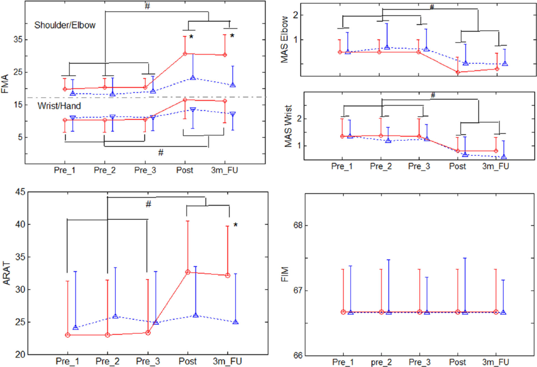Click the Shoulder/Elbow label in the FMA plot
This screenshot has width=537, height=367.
click(x=65, y=25)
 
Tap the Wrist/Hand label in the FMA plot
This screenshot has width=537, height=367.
click(x=59, y=106)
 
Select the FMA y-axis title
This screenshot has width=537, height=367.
click(x=5, y=84)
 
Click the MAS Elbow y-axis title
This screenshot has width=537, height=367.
click(x=284, y=39)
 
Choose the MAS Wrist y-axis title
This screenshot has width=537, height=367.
click(x=288, y=126)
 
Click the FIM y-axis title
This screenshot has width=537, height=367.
click(x=285, y=274)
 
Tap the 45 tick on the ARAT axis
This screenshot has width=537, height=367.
click(x=20, y=192)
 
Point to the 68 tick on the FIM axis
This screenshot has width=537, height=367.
click(x=298, y=225)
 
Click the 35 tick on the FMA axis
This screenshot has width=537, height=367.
click(x=18, y=39)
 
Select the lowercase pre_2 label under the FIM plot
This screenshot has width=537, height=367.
click(x=381, y=362)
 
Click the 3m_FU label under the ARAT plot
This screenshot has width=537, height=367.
click(x=227, y=361)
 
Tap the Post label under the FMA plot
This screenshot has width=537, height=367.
click(x=185, y=170)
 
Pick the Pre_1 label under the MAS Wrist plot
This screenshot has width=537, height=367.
click(x=342, y=166)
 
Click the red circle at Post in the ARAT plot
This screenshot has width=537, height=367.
click(x=188, y=272)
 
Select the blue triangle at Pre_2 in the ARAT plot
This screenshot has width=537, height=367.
click(x=115, y=316)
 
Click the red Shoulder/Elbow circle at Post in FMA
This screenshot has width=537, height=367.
click(x=185, y=54)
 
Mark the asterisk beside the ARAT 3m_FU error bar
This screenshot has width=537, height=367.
click(x=235, y=225)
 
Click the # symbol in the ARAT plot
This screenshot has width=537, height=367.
click(x=148, y=204)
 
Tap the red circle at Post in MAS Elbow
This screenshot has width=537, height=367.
click(x=458, y=72)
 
